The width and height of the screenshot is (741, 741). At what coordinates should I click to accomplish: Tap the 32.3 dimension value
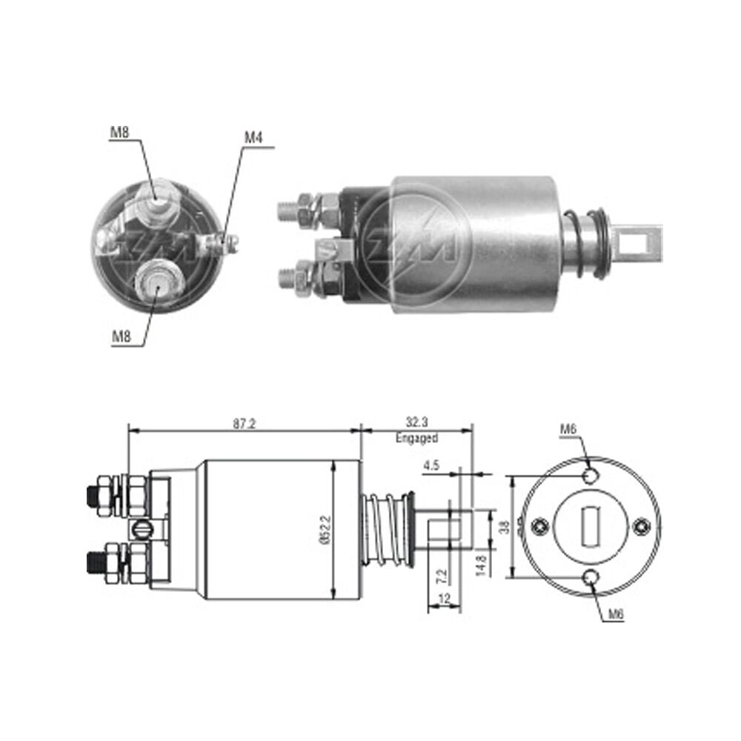coord(416,422)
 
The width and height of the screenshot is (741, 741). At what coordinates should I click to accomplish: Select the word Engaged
coord(416,438)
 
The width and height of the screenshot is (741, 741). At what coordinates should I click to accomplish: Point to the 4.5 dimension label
coord(431,465)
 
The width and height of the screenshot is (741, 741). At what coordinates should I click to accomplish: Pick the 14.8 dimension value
coord(481,565)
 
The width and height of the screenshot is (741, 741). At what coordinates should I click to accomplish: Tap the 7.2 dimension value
coord(442,576)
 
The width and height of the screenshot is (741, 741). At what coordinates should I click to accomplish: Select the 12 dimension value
coord(445,599)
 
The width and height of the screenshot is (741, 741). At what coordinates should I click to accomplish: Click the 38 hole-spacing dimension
coord(505,527)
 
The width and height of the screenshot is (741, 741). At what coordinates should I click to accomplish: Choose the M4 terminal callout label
coord(253,138)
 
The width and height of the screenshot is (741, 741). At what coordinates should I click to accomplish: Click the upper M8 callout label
coord(119,132)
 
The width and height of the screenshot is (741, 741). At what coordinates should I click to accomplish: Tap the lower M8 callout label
coord(121,336)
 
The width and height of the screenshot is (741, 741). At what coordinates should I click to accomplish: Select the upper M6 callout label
coord(568,429)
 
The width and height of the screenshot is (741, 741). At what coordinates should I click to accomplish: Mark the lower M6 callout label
coord(616,614)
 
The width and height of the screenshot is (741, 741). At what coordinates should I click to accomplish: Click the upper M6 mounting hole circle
coord(591,476)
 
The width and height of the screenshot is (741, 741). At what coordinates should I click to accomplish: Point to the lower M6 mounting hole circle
coord(591,577)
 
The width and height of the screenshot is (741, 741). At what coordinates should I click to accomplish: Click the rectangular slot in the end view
coord(591,526)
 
